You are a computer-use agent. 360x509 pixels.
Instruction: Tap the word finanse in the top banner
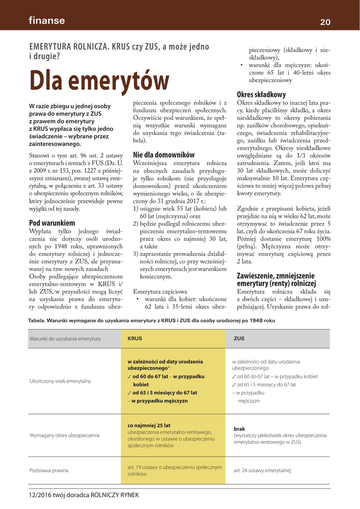point(47,20)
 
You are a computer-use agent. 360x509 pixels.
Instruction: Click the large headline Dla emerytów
point(99,81)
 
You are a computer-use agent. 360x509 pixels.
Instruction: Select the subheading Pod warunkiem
point(52,223)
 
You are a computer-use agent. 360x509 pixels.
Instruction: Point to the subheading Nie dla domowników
point(164,155)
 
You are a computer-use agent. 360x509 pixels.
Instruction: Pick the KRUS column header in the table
point(135,339)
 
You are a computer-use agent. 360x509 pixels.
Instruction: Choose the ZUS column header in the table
point(239,339)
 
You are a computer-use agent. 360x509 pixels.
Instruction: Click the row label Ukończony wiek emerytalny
point(60,381)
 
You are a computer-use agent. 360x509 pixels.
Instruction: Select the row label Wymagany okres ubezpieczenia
point(65,435)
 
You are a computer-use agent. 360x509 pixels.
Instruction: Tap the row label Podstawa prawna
point(49,470)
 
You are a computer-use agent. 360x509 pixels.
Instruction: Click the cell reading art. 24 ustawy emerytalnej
point(262,470)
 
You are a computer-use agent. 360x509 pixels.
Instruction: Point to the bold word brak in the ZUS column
point(239,428)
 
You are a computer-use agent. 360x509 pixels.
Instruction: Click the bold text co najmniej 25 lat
point(149,425)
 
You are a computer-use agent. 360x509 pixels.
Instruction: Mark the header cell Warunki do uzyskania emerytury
point(65,339)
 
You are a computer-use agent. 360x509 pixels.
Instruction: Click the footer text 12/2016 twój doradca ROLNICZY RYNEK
point(84,495)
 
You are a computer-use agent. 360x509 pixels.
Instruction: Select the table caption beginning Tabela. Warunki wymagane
point(152,321)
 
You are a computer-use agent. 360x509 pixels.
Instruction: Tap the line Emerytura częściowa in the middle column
point(160,291)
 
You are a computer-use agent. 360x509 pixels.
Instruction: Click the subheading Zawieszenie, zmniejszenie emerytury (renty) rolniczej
point(276,279)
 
